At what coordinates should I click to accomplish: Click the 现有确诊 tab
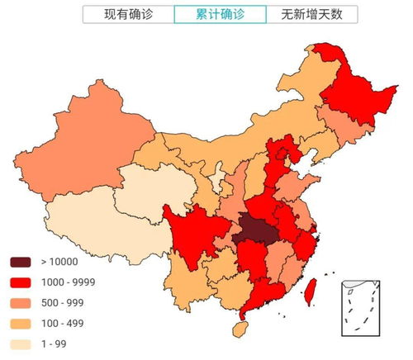click(x=128, y=15)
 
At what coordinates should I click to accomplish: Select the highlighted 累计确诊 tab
click(x=220, y=15)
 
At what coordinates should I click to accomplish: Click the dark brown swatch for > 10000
click(x=21, y=262)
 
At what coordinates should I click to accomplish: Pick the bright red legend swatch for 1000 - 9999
click(x=21, y=282)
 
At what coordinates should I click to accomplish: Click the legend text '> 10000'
click(x=59, y=262)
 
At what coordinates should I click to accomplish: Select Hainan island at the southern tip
click(x=239, y=329)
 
